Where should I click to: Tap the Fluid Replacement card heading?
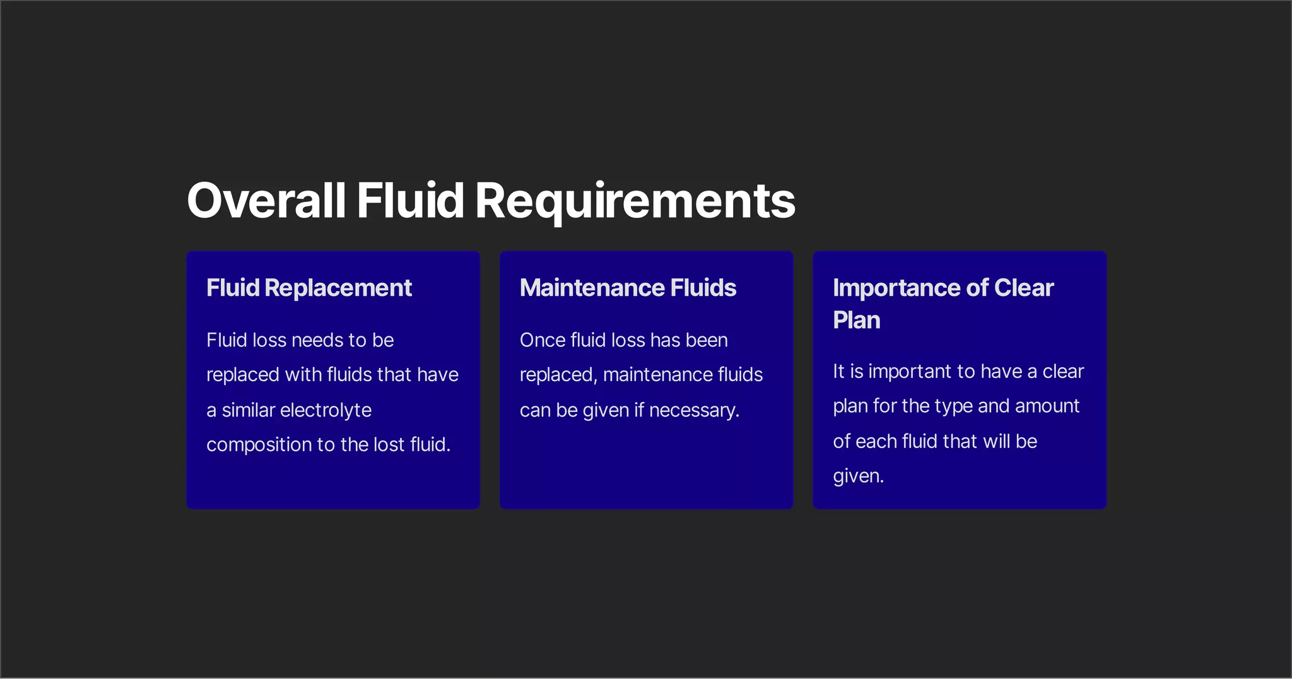tap(309, 288)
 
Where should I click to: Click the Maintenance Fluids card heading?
tap(628, 288)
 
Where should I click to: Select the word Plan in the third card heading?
tap(856, 320)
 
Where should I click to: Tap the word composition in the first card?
tap(259, 444)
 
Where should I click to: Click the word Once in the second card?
tap(543, 340)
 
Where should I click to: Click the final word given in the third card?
tap(857, 476)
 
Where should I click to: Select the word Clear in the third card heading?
tap(1023, 288)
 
